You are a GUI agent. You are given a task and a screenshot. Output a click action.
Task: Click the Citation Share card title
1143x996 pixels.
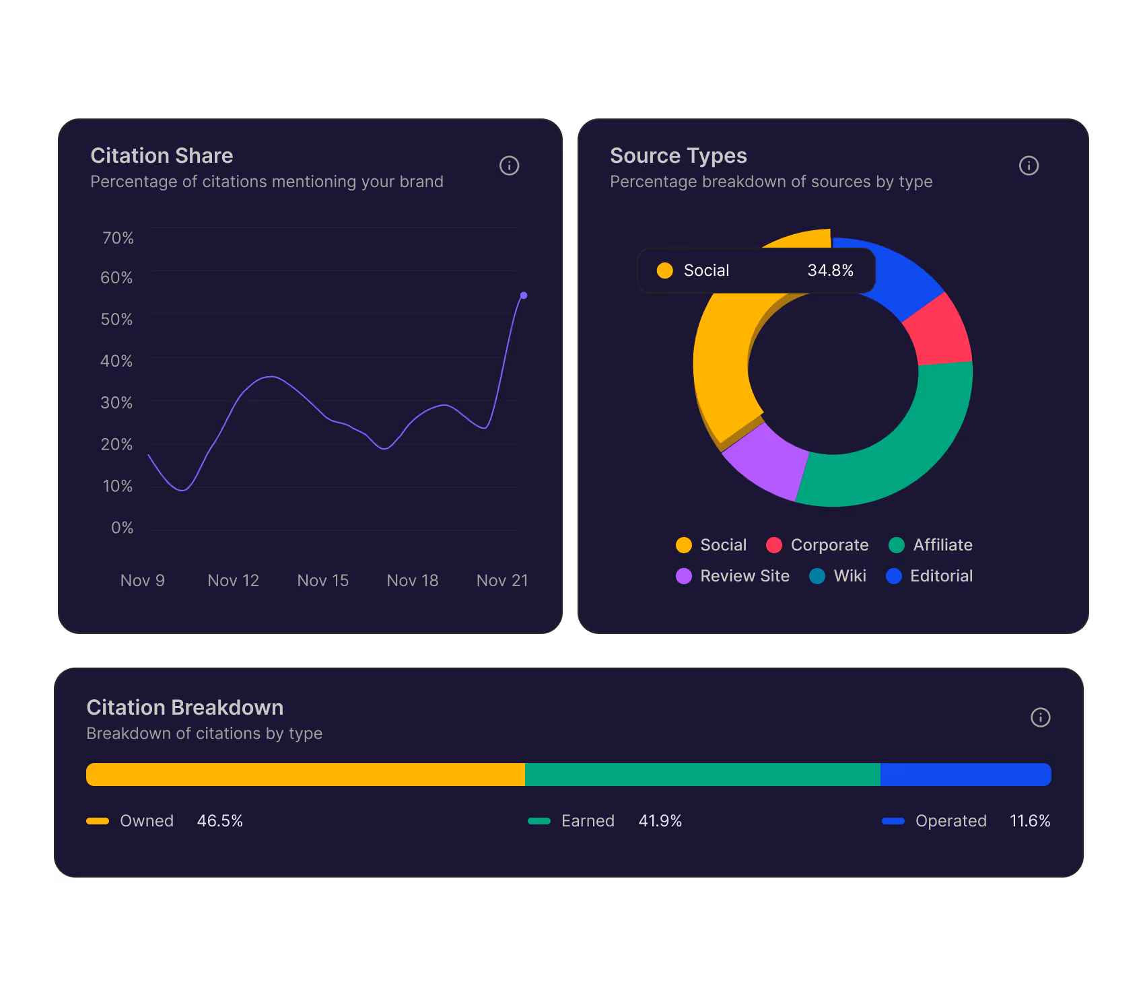162,155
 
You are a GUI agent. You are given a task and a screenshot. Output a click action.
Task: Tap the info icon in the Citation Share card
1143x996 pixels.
509,166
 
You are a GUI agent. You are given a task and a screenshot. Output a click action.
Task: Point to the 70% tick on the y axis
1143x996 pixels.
118,238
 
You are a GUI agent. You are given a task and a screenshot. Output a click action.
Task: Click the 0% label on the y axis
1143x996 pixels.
122,528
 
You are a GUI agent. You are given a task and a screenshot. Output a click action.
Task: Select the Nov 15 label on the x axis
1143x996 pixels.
322,580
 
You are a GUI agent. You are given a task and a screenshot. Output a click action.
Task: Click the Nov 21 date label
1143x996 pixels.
501,580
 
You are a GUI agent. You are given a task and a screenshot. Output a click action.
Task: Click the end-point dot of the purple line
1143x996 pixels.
524,295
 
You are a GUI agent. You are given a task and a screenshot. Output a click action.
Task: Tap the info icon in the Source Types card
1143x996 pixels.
1029,166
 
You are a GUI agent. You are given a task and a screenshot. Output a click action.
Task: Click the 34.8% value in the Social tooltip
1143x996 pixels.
830,271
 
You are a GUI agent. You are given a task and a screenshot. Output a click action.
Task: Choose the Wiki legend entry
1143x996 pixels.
838,576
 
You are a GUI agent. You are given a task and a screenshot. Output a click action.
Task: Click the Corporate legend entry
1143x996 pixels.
818,545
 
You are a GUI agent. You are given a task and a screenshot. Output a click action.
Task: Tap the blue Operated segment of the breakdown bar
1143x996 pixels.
965,775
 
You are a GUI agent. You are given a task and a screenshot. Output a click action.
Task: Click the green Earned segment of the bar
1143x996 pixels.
702,775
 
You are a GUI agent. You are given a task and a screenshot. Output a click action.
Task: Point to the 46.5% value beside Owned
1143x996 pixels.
219,821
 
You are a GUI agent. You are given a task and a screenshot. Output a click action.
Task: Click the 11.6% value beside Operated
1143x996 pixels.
1029,821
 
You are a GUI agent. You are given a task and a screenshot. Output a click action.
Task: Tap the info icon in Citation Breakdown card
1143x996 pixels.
1040,717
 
